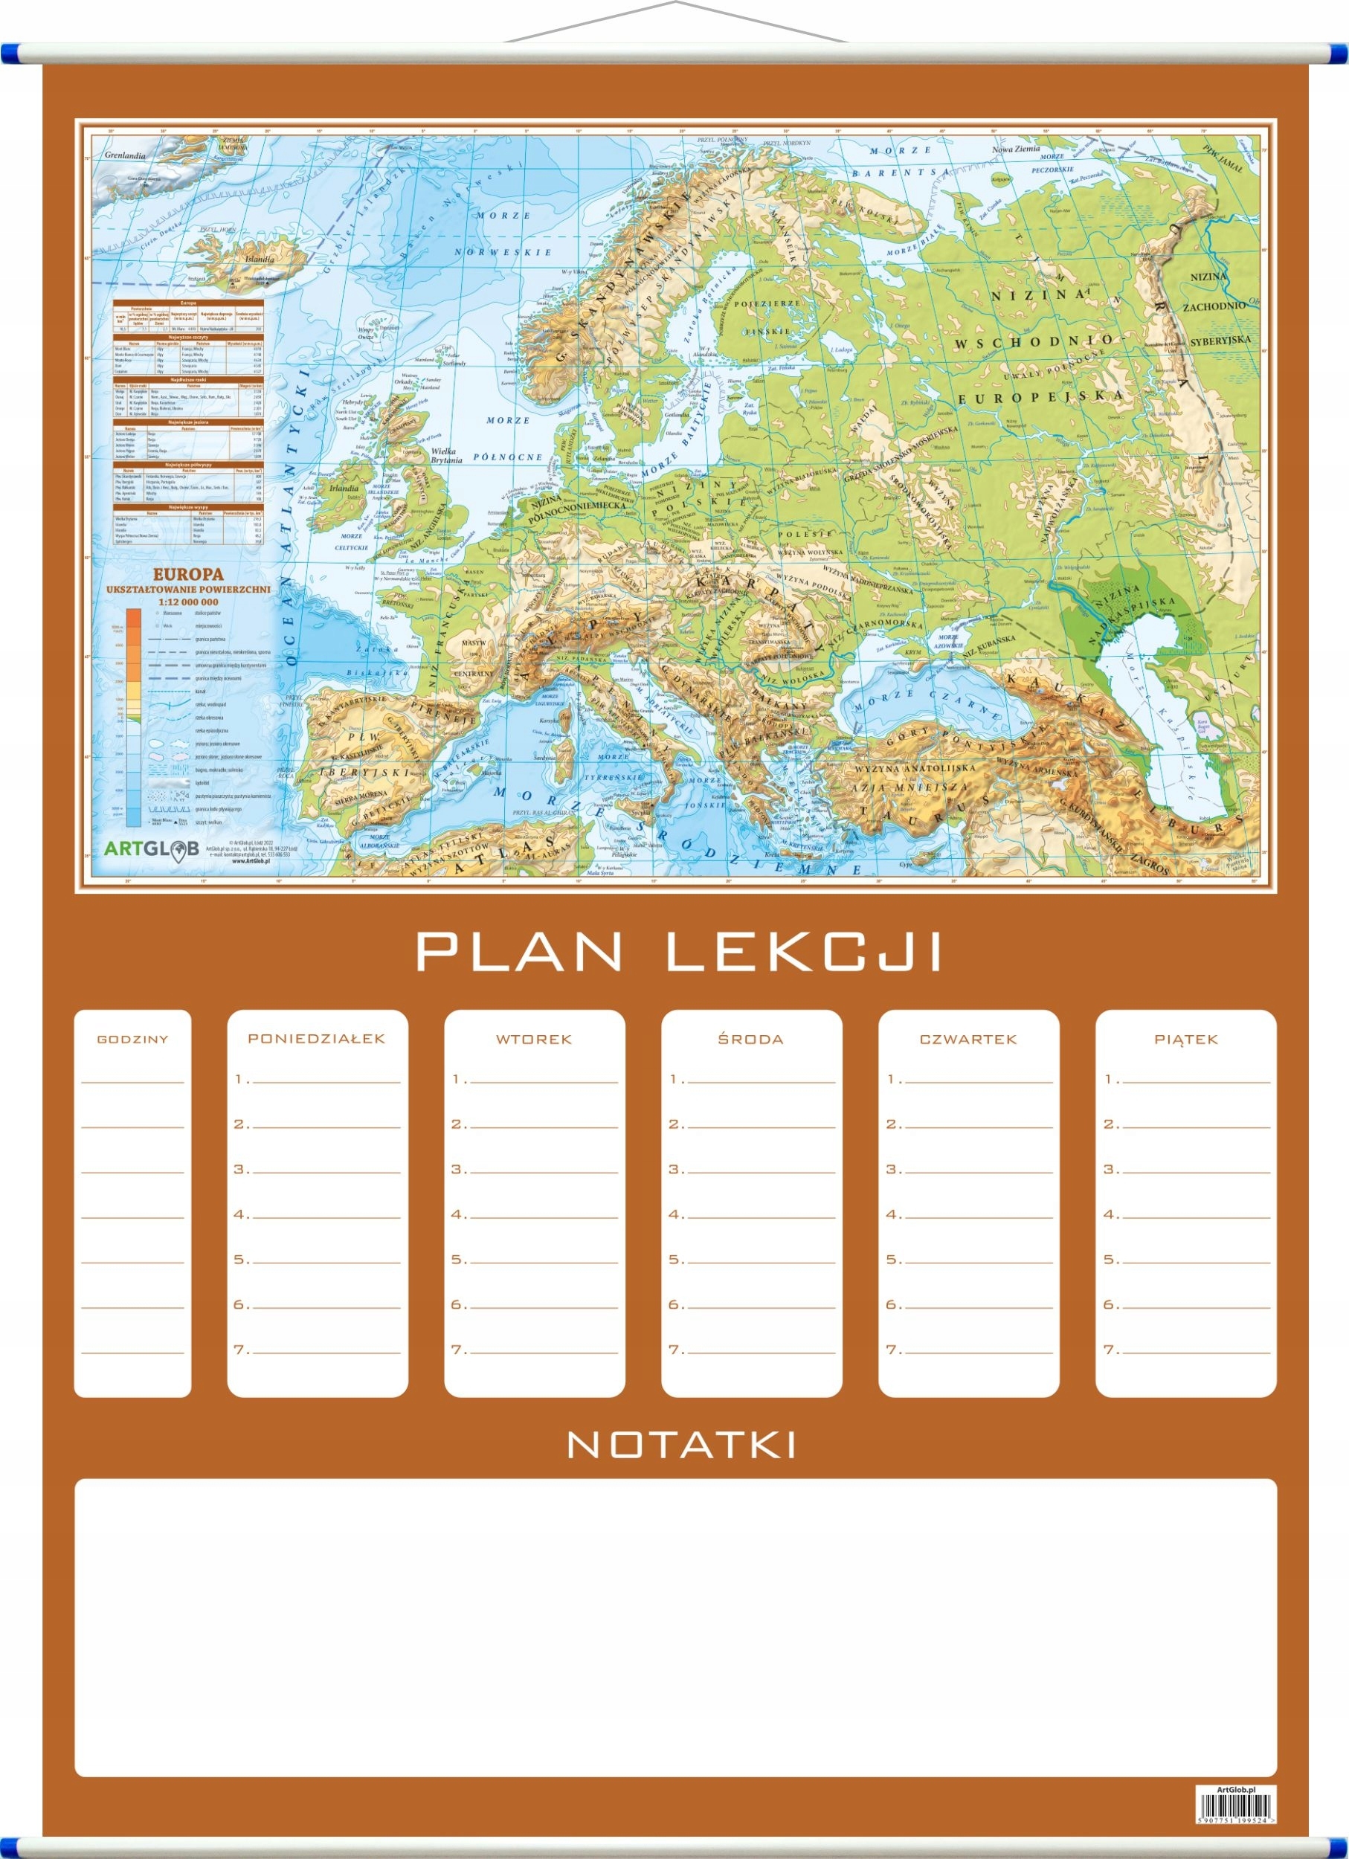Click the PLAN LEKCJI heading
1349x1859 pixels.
click(x=680, y=952)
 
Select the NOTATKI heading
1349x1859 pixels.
click(x=681, y=1445)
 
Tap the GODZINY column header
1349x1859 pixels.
click(x=133, y=1040)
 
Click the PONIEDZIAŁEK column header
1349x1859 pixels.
click(x=316, y=1039)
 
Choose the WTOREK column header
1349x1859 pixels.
click(x=533, y=1040)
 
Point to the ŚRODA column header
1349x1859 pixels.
click(x=750, y=1040)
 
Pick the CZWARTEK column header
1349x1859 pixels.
click(x=968, y=1040)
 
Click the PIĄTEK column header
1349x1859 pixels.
click(x=1186, y=1040)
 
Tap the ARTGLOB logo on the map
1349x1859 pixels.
click(x=152, y=848)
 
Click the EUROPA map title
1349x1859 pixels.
click(x=187, y=575)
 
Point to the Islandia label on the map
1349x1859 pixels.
click(x=259, y=258)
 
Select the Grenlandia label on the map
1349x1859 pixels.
click(x=125, y=155)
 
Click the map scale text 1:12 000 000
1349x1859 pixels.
click(x=187, y=602)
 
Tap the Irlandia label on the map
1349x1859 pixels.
click(x=344, y=488)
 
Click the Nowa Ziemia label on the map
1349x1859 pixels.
click(x=1015, y=149)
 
